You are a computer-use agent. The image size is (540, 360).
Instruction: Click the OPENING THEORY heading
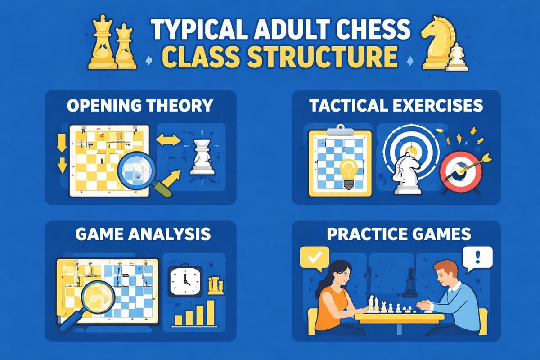tap(139, 106)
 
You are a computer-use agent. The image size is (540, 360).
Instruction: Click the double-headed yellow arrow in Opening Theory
tap(168, 141)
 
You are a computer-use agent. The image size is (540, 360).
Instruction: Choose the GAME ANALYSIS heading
tap(139, 234)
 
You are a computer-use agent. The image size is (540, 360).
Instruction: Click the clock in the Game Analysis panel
tap(184, 282)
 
